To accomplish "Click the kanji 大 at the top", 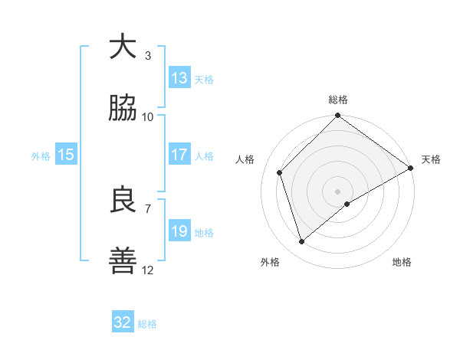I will coord(123,47).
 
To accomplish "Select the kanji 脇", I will coord(123,109).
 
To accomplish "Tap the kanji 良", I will coord(123,201).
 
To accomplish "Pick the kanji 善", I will coord(123,262).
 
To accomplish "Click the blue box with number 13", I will coord(179,78).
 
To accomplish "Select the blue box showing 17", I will coord(179,155).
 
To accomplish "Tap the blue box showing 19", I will coord(179,231).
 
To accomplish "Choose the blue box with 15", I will coord(66,155).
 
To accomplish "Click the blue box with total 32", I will coord(123,322).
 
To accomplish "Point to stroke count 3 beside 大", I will coord(147,55).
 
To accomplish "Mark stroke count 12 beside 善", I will coord(148,270).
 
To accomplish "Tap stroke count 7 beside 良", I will coord(147,208).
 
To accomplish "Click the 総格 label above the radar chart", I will coord(338,100).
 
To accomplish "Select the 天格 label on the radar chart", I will coord(431,159).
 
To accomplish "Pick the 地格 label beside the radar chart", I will coord(402,262).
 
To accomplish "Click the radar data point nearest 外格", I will coord(301,242).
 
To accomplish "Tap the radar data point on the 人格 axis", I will coord(280,172).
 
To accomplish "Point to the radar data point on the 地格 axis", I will coord(347,204).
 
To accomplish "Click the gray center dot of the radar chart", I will coord(337,191).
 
